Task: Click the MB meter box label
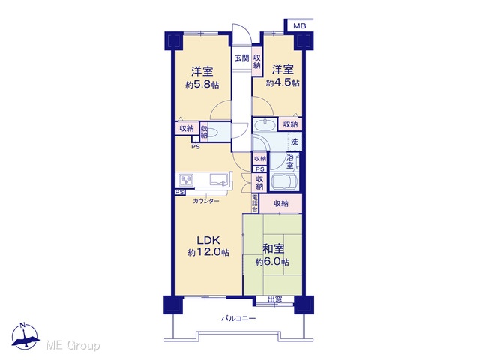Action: click(300, 26)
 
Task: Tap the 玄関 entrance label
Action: click(241, 58)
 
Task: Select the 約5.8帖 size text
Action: click(202, 85)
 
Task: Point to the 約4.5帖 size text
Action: click(283, 82)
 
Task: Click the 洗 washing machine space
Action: click(295, 142)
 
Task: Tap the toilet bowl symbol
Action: click(212, 132)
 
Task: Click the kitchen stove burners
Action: click(186, 180)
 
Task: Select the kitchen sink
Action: click(219, 179)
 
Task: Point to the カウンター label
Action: click(206, 201)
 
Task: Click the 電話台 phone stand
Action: click(255, 203)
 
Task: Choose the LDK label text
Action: click(208, 240)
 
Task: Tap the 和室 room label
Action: click(273, 249)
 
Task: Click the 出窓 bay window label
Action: click(275, 299)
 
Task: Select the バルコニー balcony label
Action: click(238, 318)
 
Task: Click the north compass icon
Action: click(25, 335)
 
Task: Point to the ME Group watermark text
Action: click(73, 345)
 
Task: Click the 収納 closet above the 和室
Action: click(281, 203)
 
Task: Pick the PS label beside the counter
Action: click(180, 192)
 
